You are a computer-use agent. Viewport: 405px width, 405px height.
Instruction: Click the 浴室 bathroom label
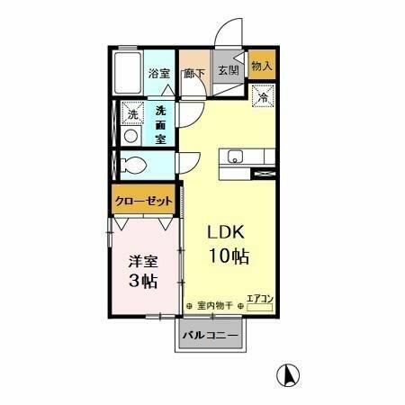(159, 73)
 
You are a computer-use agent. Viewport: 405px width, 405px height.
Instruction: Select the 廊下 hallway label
(194, 73)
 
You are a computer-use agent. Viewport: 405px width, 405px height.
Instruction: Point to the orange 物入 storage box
(262, 67)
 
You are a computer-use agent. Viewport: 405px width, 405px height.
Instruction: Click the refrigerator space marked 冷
(264, 96)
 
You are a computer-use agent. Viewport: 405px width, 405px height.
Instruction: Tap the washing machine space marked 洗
(131, 114)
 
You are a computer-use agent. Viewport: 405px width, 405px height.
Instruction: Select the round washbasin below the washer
(131, 136)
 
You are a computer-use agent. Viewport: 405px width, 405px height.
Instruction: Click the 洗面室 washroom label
(160, 126)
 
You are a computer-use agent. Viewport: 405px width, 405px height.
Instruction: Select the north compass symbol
(289, 373)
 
